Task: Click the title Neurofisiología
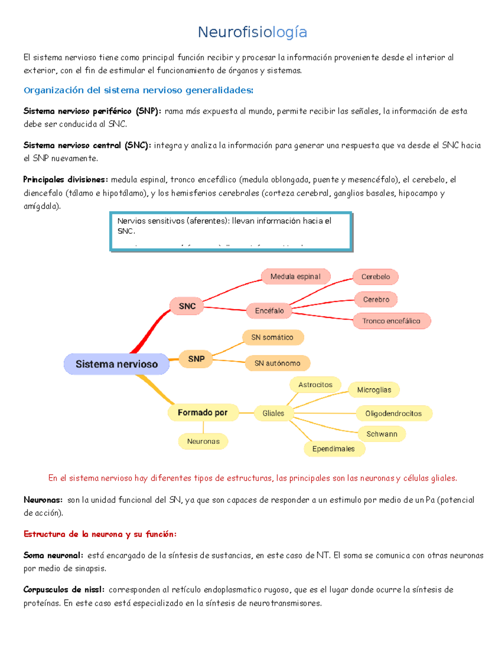pyautogui.click(x=252, y=32)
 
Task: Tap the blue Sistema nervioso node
pyautogui.click(x=116, y=364)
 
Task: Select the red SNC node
pyautogui.click(x=187, y=306)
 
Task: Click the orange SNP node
pyautogui.click(x=196, y=359)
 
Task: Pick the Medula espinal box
pyautogui.click(x=295, y=277)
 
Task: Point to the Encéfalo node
pyautogui.click(x=269, y=311)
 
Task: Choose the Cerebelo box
pyautogui.click(x=375, y=277)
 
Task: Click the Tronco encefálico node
pyautogui.click(x=391, y=321)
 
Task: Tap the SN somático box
pyautogui.click(x=272, y=337)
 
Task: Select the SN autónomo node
pyautogui.click(x=277, y=363)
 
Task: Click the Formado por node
pyautogui.click(x=203, y=412)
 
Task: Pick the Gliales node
pyautogui.click(x=273, y=413)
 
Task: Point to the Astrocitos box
pyautogui.click(x=315, y=385)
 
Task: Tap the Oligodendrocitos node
pyautogui.click(x=393, y=413)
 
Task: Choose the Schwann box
pyautogui.click(x=382, y=434)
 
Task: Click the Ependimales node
pyautogui.click(x=333, y=449)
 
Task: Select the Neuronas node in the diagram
pyautogui.click(x=203, y=441)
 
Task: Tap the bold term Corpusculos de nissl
pyautogui.click(x=64, y=590)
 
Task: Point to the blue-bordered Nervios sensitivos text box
pyautogui.click(x=231, y=232)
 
